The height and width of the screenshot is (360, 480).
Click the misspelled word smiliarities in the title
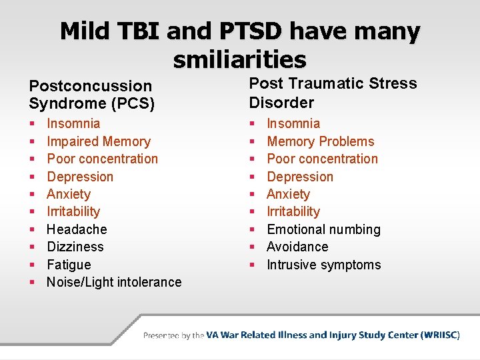pos(239,60)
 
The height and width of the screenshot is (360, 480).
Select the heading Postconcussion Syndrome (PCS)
pos(91,95)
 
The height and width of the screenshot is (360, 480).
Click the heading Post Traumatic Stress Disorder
pos(333,93)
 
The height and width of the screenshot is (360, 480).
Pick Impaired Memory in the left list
pos(98,141)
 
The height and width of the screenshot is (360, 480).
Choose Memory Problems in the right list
pos(320,141)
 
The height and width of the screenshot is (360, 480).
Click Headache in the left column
pos(76,229)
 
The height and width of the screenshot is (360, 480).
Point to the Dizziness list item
pos(75,247)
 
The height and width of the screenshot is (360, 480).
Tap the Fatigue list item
pos(69,265)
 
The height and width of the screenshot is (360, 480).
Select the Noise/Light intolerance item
pos(113,282)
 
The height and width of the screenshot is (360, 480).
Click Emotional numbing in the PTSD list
pos(323,229)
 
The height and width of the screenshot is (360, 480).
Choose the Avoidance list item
pos(297,247)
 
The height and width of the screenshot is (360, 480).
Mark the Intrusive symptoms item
pos(323,265)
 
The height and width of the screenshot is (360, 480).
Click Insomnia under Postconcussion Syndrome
pos(73,123)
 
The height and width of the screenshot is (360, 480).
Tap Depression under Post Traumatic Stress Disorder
pos(299,177)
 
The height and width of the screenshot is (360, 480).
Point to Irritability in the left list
pos(73,211)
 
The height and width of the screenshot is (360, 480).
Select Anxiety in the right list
pos(288,194)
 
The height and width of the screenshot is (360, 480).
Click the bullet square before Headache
pos(32,230)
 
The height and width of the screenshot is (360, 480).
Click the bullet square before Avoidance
pos(252,247)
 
